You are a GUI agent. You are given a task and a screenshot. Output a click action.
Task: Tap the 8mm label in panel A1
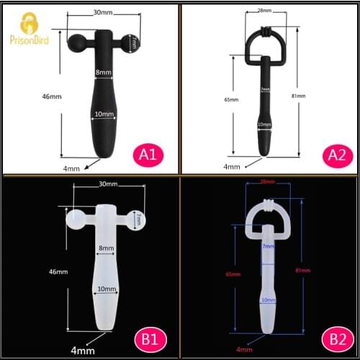coord(103,72)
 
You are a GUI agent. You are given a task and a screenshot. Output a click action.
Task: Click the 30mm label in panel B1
coord(109,185)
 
